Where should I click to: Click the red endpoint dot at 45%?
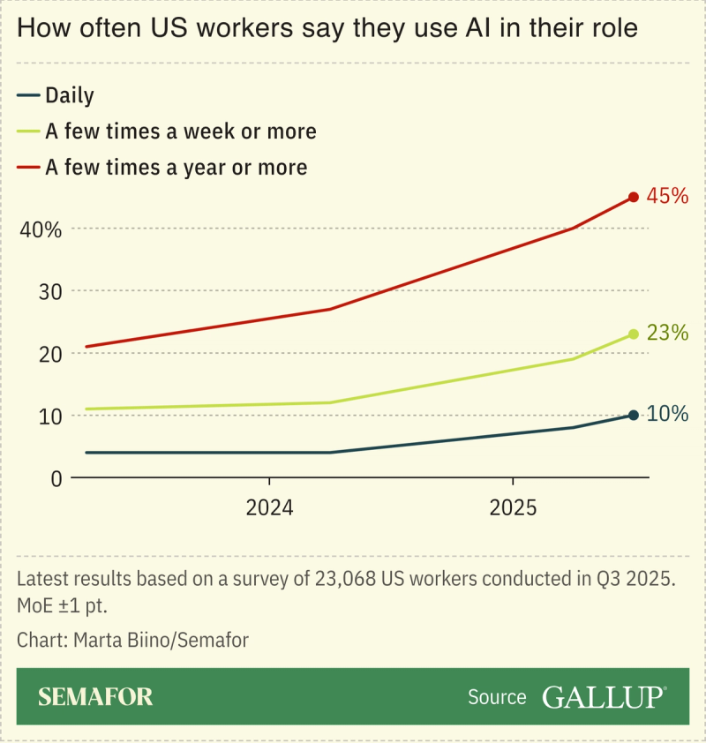[x=633, y=197]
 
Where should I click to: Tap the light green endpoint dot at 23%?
[x=633, y=334]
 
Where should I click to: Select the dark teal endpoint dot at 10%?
[x=633, y=415]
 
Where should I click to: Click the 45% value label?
[x=667, y=196]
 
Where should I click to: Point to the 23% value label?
[x=667, y=333]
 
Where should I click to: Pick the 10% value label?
[x=667, y=413]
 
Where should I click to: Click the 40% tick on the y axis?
[x=41, y=229]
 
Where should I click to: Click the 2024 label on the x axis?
[x=269, y=508]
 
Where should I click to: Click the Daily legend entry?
[x=69, y=95]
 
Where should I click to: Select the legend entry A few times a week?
[x=180, y=131]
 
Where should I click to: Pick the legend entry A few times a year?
[x=176, y=167]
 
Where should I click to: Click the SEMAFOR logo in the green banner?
[x=95, y=697]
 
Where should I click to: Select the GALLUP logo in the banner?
[x=604, y=697]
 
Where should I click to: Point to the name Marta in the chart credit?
[x=102, y=640]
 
